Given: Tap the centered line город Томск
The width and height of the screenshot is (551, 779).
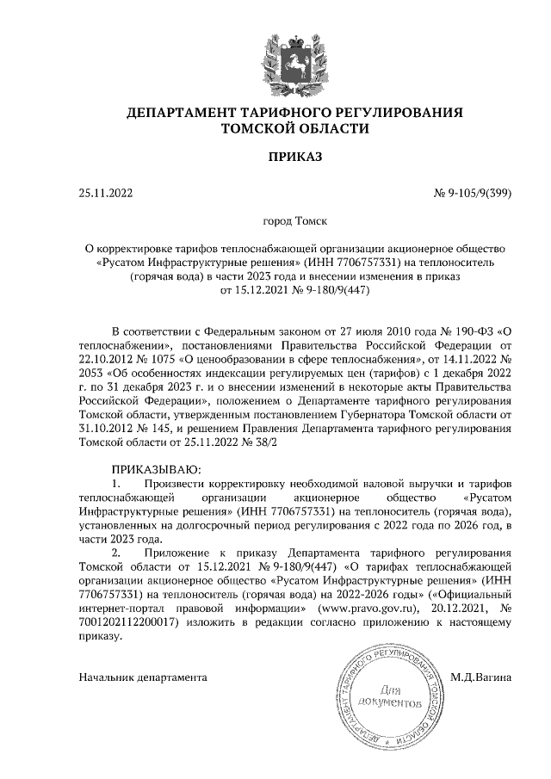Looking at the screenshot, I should pyautogui.click(x=294, y=221).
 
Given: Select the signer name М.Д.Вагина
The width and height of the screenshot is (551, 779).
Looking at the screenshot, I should pyautogui.click(x=481, y=678).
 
